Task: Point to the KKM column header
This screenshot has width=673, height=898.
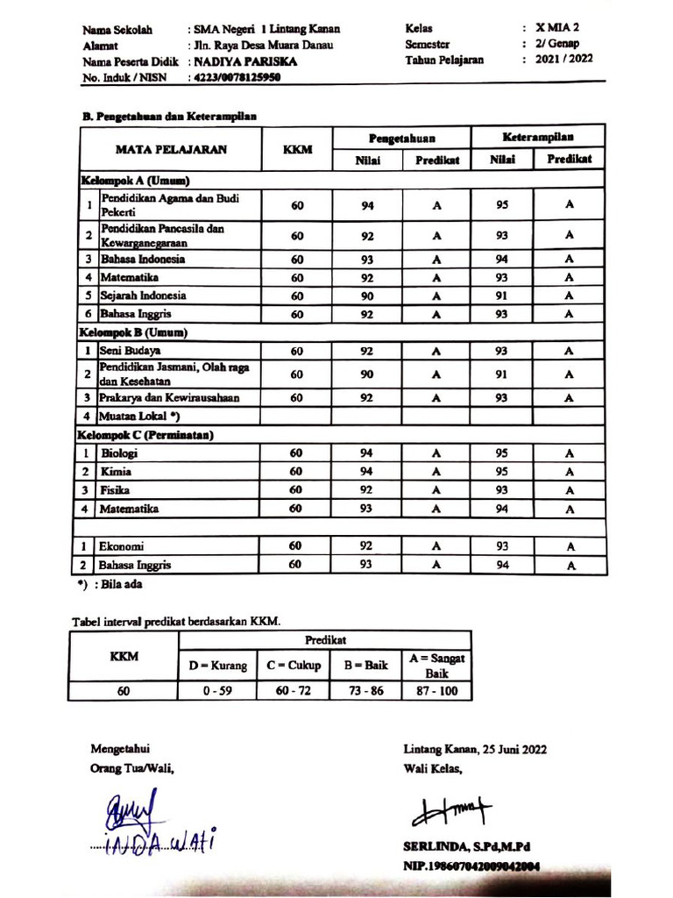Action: coord(297,149)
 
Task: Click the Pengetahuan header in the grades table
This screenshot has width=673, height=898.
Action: coord(401,139)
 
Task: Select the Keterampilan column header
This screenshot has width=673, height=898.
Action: coord(537,138)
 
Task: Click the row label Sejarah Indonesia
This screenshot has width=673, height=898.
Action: coord(143,296)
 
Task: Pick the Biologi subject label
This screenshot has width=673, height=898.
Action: coord(119,453)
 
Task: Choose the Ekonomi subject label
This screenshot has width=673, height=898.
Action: coord(122,546)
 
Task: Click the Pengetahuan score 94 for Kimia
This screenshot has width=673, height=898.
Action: coord(366,472)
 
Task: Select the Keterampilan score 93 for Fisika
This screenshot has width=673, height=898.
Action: coord(502,490)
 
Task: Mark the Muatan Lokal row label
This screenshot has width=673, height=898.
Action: coord(139,416)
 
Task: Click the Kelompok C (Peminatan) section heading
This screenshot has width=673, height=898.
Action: coord(147,435)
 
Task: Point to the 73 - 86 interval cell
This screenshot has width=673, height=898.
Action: coord(365,691)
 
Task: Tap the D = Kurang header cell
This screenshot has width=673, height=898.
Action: coord(218,665)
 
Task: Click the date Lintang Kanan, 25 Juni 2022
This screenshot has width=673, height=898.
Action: coord(475,751)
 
